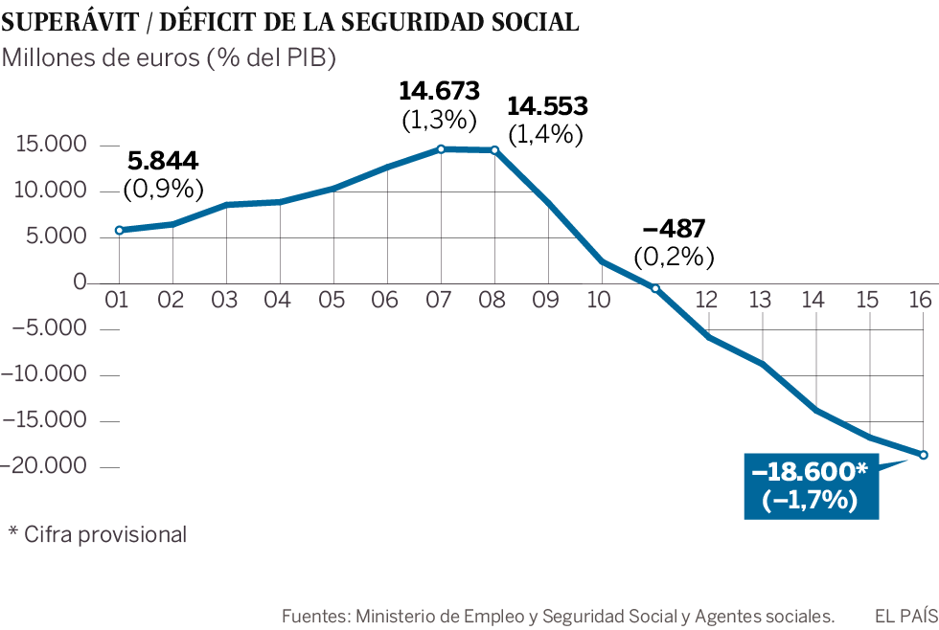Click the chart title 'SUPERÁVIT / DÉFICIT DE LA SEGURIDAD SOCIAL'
coord(290,21)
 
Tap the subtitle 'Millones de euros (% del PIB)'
coord(170,57)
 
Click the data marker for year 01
coord(119,230)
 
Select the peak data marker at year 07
coord(441,148)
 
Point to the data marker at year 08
coord(494,149)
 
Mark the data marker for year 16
coord(925,455)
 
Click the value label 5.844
coord(164,161)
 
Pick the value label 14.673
coord(438,92)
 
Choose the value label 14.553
coord(547,106)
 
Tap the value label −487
coord(674,229)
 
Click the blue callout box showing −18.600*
coord(812,486)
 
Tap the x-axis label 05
coord(331,301)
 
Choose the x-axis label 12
coord(707,301)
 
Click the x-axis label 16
coord(921,301)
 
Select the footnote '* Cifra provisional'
coord(97,534)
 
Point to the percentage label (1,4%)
coord(547,134)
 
